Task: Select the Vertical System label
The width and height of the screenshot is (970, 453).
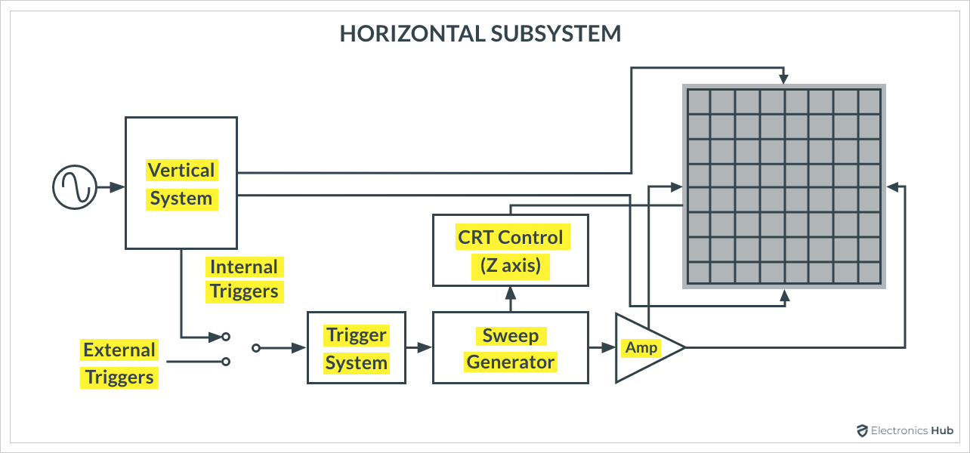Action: [x=181, y=184]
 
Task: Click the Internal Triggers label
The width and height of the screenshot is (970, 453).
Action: [x=244, y=279]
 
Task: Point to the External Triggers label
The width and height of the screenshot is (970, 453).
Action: [x=119, y=363]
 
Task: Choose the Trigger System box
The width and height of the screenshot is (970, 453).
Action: [x=356, y=348]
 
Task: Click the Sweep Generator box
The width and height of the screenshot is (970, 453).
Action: [x=510, y=348]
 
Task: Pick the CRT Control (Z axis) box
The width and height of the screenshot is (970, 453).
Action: [x=510, y=250]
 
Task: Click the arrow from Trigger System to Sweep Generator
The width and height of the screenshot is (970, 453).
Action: [x=419, y=347]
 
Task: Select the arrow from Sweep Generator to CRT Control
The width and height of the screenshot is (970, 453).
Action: [x=510, y=298]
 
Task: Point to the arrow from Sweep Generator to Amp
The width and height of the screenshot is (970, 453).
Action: [x=602, y=347]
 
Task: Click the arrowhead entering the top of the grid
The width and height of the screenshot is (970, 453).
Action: [x=785, y=77]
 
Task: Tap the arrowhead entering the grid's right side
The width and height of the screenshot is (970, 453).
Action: [x=892, y=186]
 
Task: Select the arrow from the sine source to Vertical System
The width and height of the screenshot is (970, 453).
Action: [x=111, y=186]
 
